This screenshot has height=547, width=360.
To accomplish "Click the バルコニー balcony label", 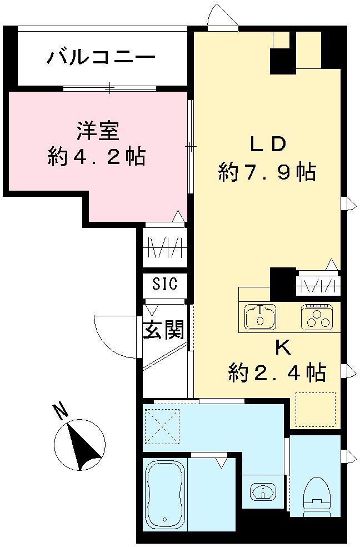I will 101,57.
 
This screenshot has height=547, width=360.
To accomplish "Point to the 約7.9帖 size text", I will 267,172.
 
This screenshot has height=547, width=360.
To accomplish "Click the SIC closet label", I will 165,284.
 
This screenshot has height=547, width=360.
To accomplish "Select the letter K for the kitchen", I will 282,349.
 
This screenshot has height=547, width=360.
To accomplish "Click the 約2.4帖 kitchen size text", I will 277,372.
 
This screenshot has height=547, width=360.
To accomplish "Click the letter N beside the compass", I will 61,412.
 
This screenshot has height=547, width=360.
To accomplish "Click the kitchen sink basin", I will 261,317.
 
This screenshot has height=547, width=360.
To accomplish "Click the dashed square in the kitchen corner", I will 316,409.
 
